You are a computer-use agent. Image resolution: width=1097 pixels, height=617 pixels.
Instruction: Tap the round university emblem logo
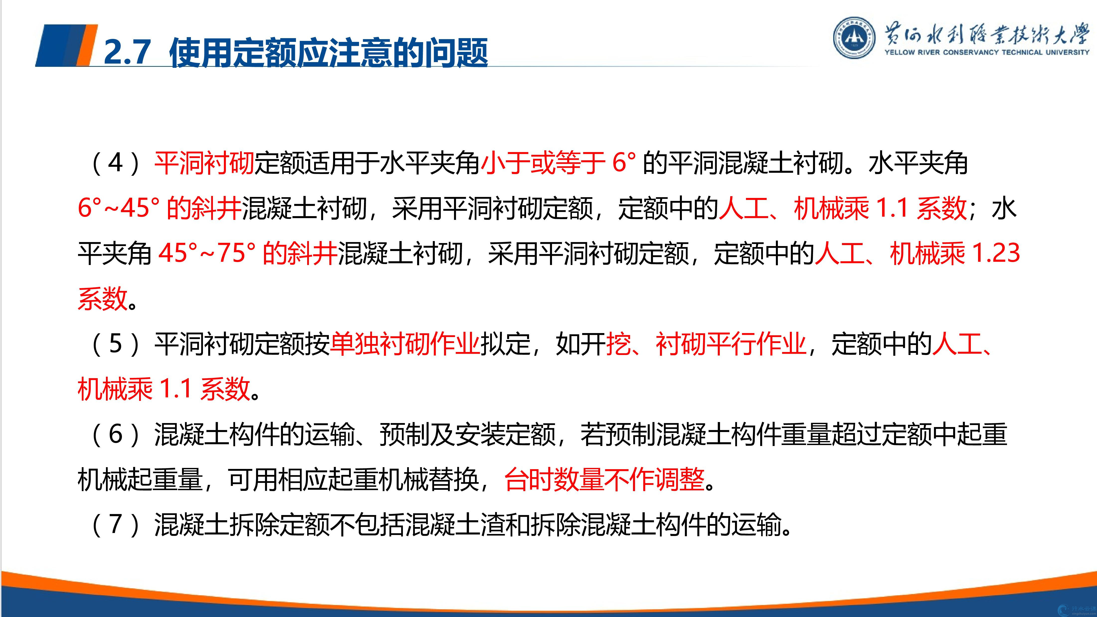pyautogui.click(x=854, y=37)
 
